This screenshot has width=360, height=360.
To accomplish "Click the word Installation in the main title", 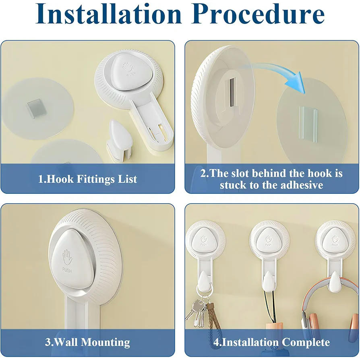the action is point(109,14).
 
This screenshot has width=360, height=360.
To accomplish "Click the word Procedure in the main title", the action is point(258,14).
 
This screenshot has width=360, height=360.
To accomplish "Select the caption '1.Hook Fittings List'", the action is point(87,179).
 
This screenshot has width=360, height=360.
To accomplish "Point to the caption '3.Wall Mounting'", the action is point(87,342).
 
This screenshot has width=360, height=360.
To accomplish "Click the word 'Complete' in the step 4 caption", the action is point(306,342).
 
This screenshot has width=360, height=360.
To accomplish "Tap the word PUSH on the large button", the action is point(67,270).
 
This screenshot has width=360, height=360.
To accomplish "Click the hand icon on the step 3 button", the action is point(67,258).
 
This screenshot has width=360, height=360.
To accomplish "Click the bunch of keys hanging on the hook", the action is point(197,312).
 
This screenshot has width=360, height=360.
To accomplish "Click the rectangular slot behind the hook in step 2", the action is point(232,92).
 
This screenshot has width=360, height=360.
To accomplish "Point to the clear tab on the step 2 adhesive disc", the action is point(308,123).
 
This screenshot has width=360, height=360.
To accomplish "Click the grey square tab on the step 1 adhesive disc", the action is point(37,108).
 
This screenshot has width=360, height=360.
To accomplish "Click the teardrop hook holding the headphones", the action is point(335,282).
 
